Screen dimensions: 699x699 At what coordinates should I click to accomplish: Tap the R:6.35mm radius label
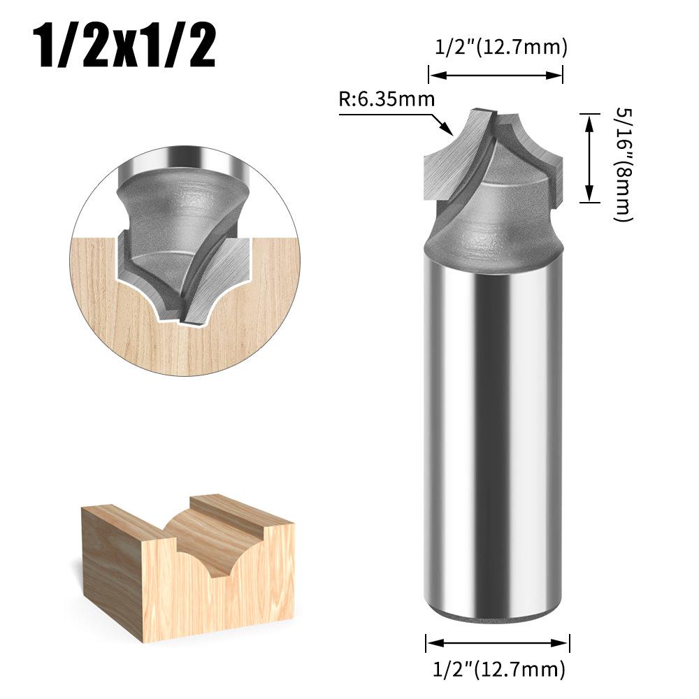(387, 99)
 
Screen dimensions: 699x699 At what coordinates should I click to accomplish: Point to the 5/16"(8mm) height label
(621, 164)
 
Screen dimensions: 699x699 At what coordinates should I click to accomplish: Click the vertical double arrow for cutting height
(590, 159)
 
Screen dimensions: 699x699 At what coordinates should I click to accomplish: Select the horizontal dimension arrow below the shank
(498, 644)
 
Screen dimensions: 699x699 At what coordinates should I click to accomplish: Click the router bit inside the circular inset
(175, 231)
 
